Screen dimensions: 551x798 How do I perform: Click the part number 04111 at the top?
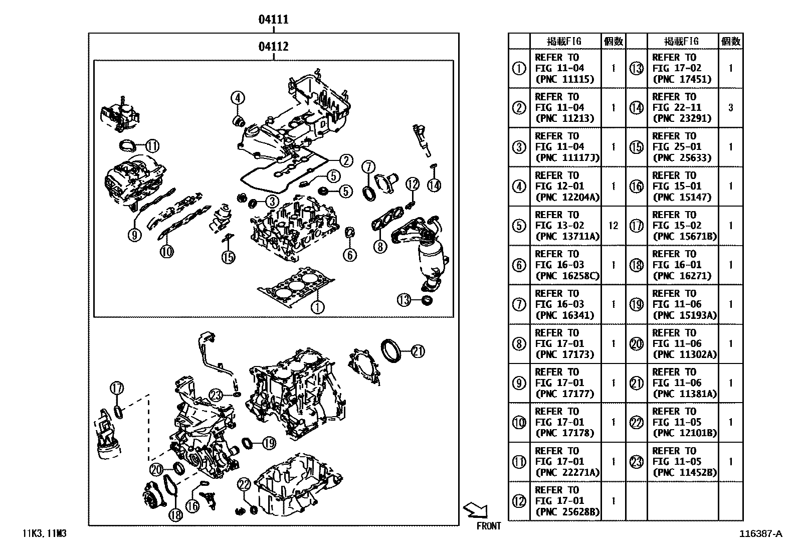[x=273, y=20]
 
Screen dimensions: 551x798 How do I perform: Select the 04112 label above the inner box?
[x=273, y=47]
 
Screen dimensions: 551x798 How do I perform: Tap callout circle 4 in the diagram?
[x=238, y=98]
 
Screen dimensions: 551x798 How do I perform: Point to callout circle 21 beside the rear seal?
[x=418, y=351]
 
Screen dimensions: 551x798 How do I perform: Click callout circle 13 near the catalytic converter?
[x=404, y=300]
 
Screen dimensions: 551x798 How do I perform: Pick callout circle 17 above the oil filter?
[x=117, y=388]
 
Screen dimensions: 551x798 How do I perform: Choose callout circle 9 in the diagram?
[x=134, y=234]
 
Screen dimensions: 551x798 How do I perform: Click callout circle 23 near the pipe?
[x=216, y=396]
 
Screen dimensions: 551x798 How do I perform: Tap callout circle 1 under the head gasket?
[x=317, y=307]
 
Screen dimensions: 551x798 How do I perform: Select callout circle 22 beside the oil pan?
[x=244, y=484]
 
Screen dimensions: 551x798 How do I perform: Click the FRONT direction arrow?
[x=476, y=510]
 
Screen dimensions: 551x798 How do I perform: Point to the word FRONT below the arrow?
[x=489, y=526]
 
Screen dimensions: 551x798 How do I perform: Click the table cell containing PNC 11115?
[x=565, y=68]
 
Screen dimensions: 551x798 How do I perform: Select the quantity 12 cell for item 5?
[x=613, y=226]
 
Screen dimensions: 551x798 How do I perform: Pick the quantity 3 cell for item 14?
[x=730, y=107]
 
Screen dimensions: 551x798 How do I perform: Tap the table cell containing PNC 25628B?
[x=565, y=501]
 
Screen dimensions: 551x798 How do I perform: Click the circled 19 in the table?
[x=636, y=304]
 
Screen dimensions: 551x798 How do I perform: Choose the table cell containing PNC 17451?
[x=682, y=68]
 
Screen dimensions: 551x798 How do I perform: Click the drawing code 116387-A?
[x=760, y=534]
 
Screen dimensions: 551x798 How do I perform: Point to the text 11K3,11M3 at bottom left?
[x=44, y=534]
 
